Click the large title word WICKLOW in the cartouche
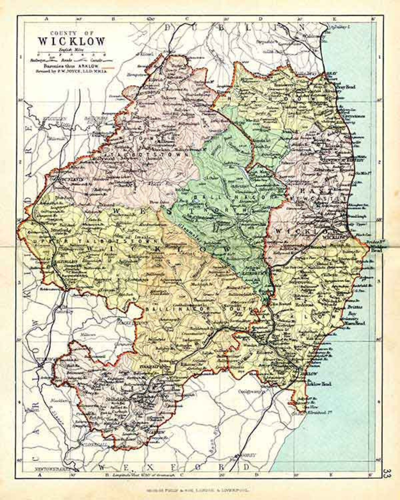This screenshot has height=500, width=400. pos(71,41)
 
